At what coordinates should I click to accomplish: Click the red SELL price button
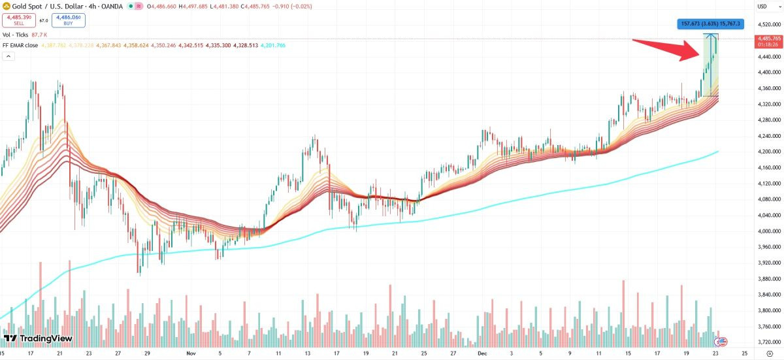tap(18, 20)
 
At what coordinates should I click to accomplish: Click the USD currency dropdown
tap(761, 7)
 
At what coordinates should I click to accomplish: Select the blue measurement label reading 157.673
tap(710, 24)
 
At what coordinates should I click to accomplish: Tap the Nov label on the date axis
tap(191, 353)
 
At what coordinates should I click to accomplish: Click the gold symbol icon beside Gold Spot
tap(7, 7)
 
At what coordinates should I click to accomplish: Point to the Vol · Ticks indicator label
tap(16, 34)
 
